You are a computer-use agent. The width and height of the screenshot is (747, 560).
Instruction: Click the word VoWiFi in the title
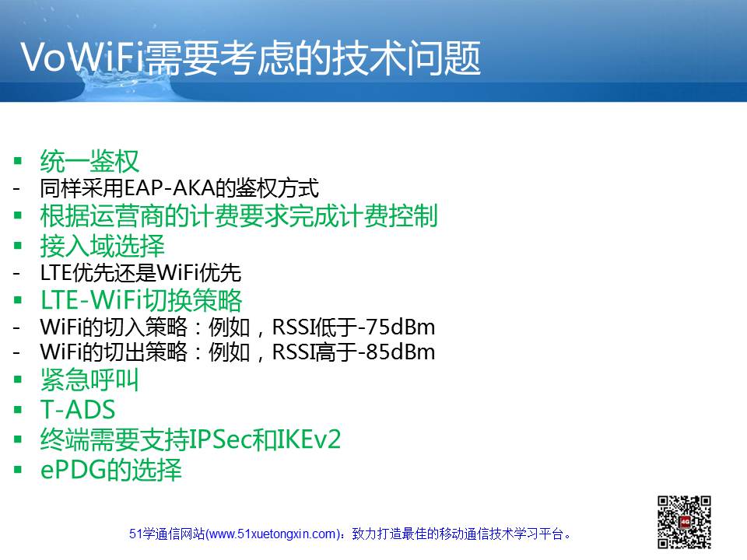[82, 57]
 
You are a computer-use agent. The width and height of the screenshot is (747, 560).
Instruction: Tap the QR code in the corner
[684, 522]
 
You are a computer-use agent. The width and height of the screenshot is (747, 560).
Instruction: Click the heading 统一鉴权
[89, 161]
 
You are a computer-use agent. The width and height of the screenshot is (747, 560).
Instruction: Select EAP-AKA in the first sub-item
[169, 187]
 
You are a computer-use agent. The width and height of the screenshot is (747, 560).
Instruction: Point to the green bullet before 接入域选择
[18, 246]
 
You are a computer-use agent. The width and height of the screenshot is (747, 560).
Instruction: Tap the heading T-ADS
[78, 410]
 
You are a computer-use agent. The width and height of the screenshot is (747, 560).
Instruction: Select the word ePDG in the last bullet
[73, 470]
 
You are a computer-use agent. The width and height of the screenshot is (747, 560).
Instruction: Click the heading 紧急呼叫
[89, 380]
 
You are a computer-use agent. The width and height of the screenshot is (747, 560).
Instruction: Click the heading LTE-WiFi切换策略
[142, 300]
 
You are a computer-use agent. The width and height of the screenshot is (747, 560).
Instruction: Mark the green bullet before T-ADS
[18, 410]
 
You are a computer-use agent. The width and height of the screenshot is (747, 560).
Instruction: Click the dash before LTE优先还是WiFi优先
[16, 273]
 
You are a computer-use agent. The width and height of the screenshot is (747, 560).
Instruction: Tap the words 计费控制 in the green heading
[388, 215]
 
